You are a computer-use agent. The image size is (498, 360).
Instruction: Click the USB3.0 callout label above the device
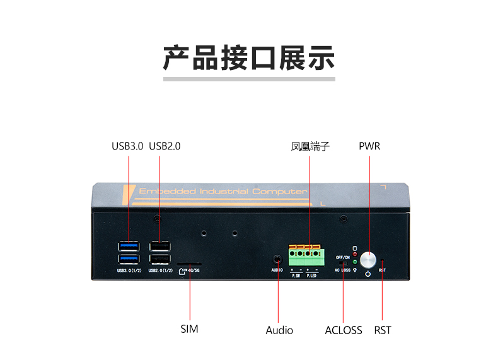click(x=128, y=146)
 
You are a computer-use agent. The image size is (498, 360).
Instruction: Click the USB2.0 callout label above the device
click(x=165, y=146)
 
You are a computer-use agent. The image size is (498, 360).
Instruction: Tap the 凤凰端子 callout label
click(x=310, y=146)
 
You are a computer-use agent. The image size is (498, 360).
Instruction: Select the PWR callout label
click(x=369, y=146)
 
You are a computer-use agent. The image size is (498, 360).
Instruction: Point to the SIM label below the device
click(x=189, y=329)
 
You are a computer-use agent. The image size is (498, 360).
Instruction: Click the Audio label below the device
click(x=279, y=330)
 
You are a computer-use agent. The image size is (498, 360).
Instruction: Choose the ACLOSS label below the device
click(x=344, y=330)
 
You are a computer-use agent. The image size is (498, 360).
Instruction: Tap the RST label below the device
click(x=383, y=330)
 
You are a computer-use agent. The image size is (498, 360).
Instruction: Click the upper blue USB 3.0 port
click(x=129, y=246)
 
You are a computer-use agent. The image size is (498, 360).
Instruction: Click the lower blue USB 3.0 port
click(x=129, y=258)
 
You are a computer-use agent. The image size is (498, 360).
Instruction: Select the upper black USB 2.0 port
click(x=159, y=246)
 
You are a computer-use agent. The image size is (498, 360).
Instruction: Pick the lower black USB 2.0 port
click(x=159, y=258)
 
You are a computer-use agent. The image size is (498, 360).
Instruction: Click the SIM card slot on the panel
click(x=189, y=265)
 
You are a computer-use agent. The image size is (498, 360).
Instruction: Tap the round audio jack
click(x=277, y=258)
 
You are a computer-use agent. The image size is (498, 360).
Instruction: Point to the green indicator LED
click(x=355, y=262)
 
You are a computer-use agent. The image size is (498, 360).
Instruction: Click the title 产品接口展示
click(x=249, y=58)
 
